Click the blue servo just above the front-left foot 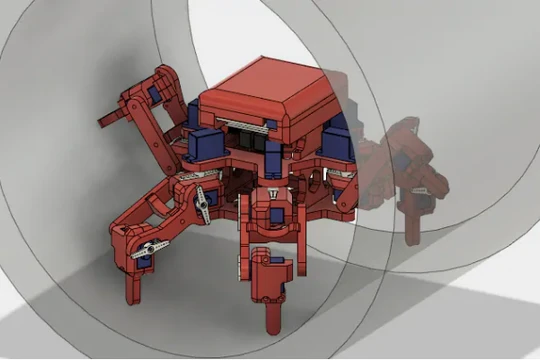click(143, 263)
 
